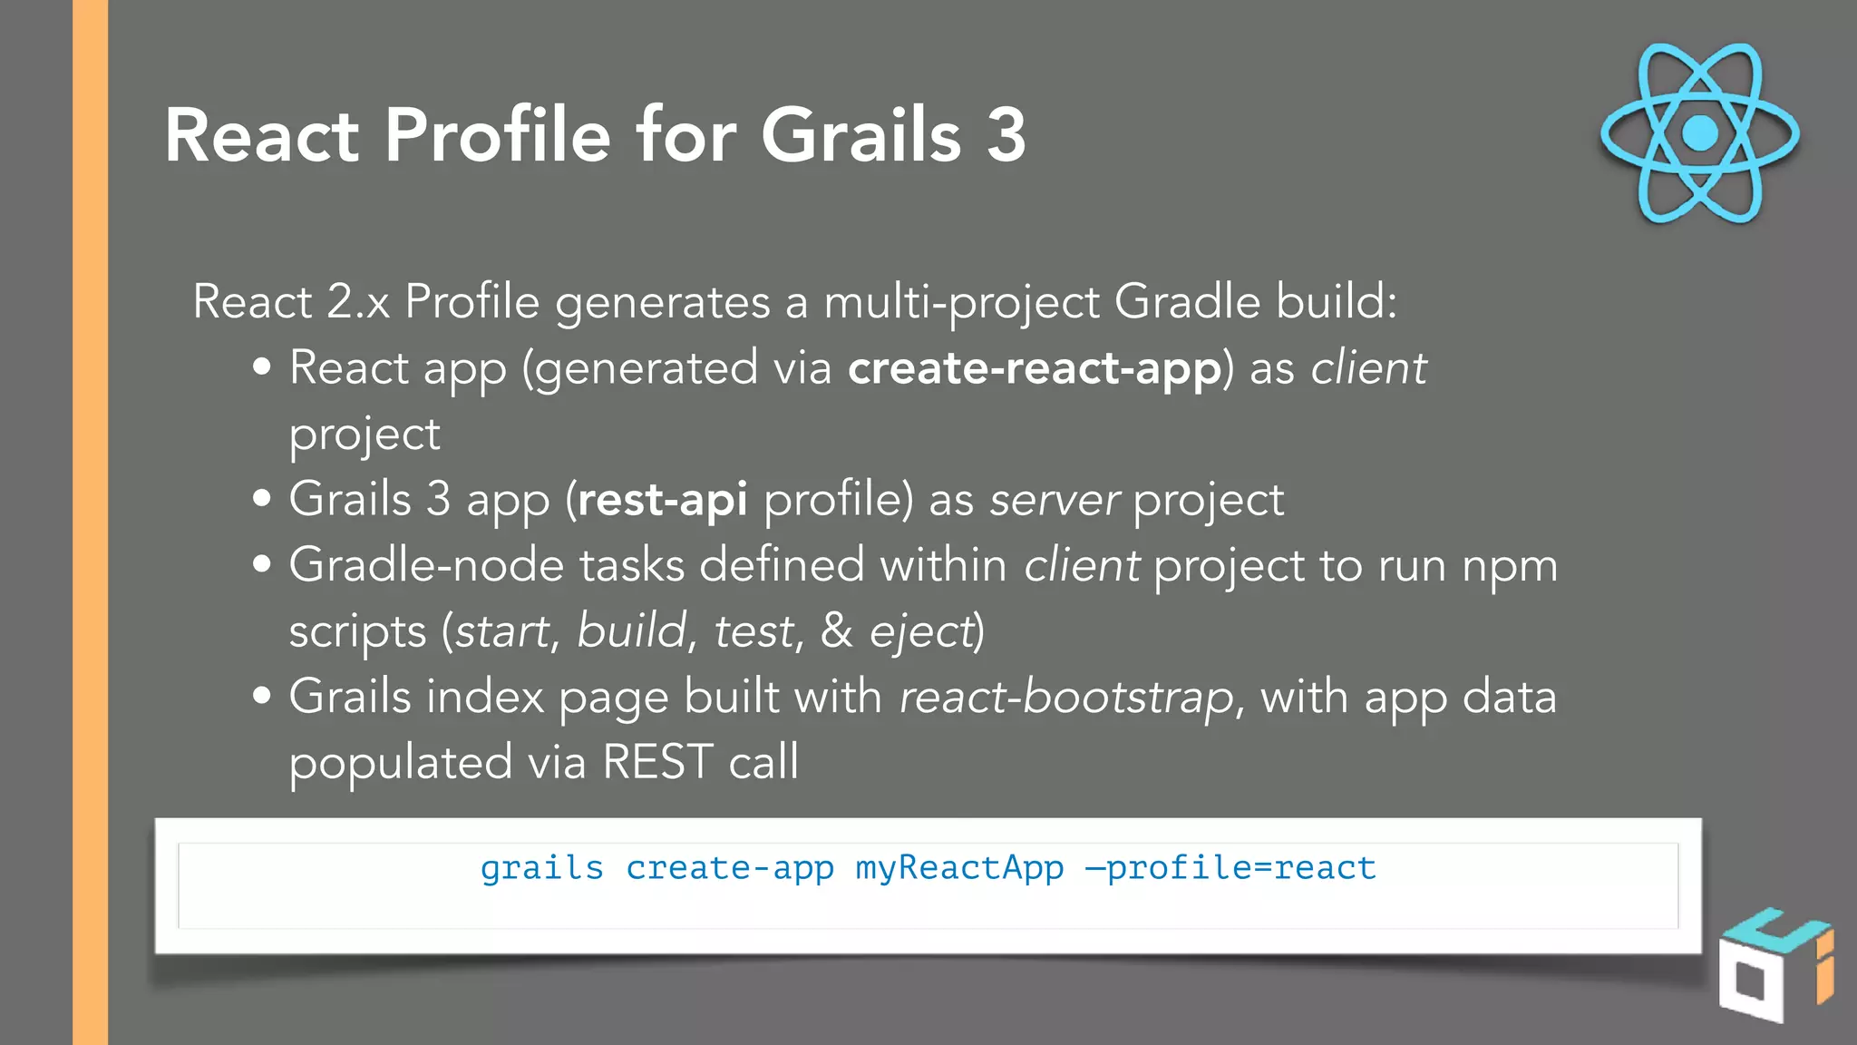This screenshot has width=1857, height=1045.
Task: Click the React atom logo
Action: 1699,133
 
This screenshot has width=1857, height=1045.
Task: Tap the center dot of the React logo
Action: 1699,133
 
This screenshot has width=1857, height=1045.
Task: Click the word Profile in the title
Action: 498,135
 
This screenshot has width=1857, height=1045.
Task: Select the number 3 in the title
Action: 1006,135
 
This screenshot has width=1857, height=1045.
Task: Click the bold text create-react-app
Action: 1034,368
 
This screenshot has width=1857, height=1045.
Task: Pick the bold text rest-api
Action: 662,500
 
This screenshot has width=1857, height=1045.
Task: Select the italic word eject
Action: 920,631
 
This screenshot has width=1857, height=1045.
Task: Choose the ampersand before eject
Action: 836,631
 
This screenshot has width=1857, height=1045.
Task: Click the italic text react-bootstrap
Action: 1066,698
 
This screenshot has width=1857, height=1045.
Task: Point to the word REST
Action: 657,762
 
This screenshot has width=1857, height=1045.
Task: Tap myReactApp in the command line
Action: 959,868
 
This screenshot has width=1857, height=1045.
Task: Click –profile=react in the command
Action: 1230,868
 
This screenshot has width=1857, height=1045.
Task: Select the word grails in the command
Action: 541,868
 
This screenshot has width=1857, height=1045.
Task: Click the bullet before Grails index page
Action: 262,696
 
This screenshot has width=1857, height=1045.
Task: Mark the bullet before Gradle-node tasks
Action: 262,564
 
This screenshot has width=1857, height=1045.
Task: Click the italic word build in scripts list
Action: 632,631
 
